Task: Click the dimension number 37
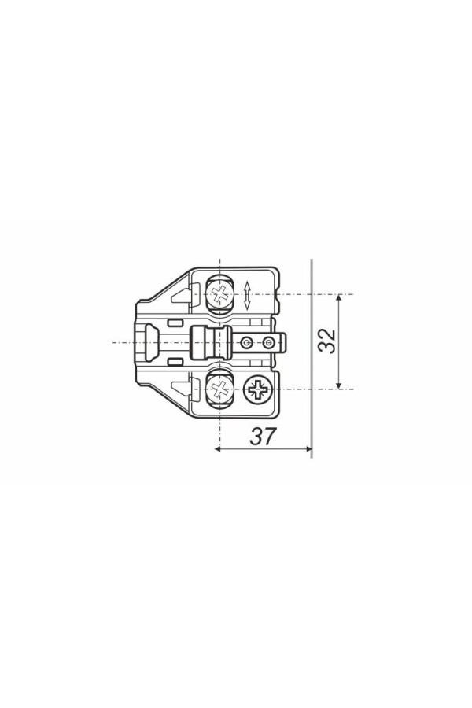263,436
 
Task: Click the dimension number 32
327,341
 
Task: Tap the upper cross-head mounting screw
220,295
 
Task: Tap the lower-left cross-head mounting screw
220,389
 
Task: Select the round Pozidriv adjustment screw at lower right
257,389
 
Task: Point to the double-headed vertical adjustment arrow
246,295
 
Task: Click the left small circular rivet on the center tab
245,343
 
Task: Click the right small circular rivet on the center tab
268,343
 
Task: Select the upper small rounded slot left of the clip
175,323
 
